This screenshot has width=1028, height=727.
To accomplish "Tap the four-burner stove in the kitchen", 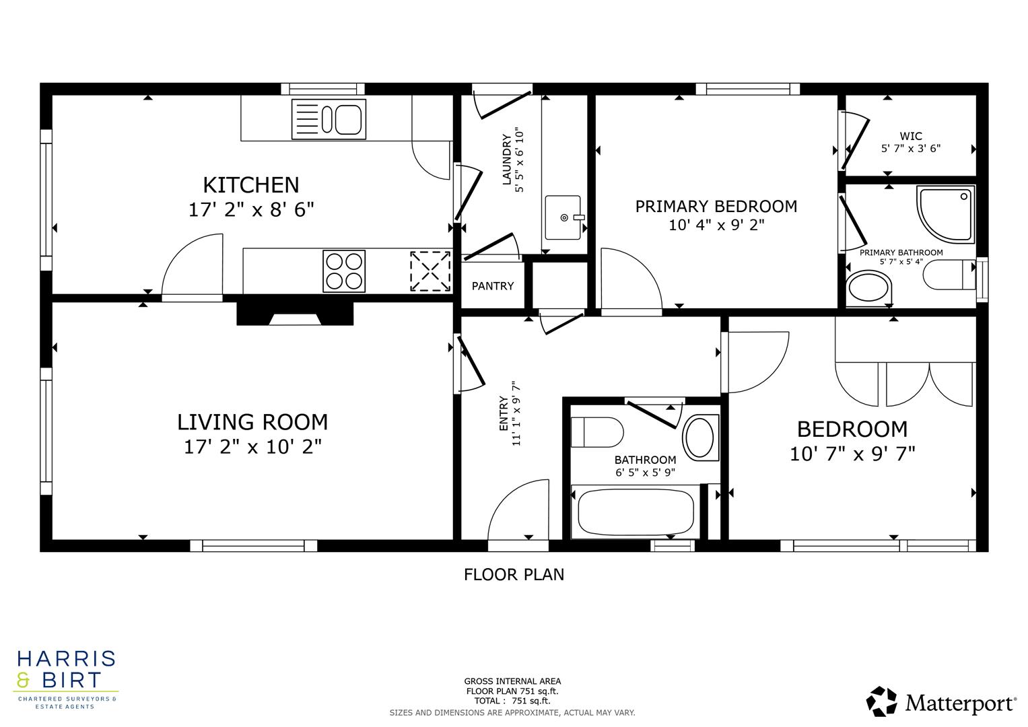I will [344, 271].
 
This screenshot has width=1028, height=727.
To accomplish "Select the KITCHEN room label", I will [251, 184].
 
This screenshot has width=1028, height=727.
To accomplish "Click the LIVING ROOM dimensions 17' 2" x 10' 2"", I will [252, 446].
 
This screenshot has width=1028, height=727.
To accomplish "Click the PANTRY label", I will [493, 286].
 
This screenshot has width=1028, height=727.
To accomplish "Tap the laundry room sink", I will [563, 217].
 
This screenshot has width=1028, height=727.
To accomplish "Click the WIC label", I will [910, 136].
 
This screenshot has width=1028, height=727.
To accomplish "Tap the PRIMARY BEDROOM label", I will [716, 206].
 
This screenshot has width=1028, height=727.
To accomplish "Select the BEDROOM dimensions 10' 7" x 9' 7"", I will [852, 454].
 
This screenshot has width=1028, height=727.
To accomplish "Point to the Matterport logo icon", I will [881, 701].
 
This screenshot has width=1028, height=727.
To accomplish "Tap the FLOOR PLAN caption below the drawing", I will [514, 574].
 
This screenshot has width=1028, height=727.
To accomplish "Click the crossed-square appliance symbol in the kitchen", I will [430, 271].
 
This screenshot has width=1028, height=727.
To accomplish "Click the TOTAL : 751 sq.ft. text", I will [512, 701].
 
